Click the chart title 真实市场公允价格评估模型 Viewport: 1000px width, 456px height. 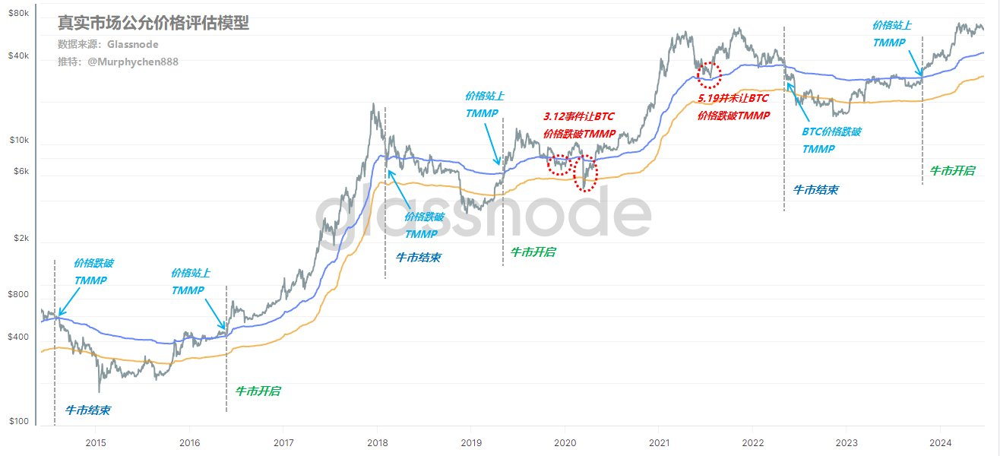tap(153, 24)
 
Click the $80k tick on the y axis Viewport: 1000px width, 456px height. tap(19, 14)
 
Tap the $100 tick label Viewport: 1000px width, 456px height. tap(19, 422)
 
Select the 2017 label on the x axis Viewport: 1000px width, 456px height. tap(283, 442)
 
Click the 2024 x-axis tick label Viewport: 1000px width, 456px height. tap(941, 442)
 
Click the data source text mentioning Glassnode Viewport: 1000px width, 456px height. tap(108, 45)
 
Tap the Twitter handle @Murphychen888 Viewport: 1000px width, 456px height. tap(118, 62)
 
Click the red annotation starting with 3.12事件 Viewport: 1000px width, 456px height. tap(579, 125)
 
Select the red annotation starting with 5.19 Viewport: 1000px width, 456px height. tap(733, 107)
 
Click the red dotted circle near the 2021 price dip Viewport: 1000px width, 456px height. tap(708, 74)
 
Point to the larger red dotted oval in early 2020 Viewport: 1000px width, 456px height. tap(586, 173)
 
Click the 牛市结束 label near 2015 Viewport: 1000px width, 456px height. tap(87, 410)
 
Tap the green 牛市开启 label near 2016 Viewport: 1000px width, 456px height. tap(258, 391)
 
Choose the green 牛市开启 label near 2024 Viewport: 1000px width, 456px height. tap(952, 171)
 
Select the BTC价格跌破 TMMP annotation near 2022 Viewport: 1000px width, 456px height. tap(831, 140)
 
